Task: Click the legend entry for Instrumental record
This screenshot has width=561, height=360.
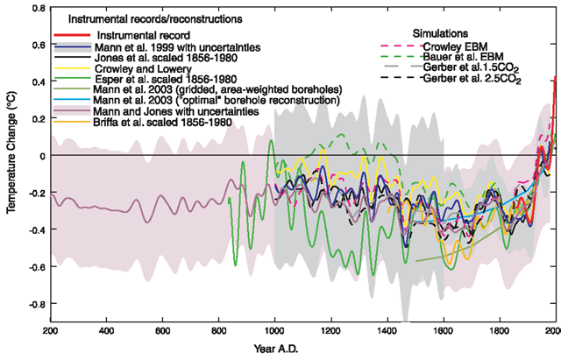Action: tap(132, 33)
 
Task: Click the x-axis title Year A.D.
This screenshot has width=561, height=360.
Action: tap(300, 350)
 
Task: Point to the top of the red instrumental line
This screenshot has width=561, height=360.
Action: tap(554, 79)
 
